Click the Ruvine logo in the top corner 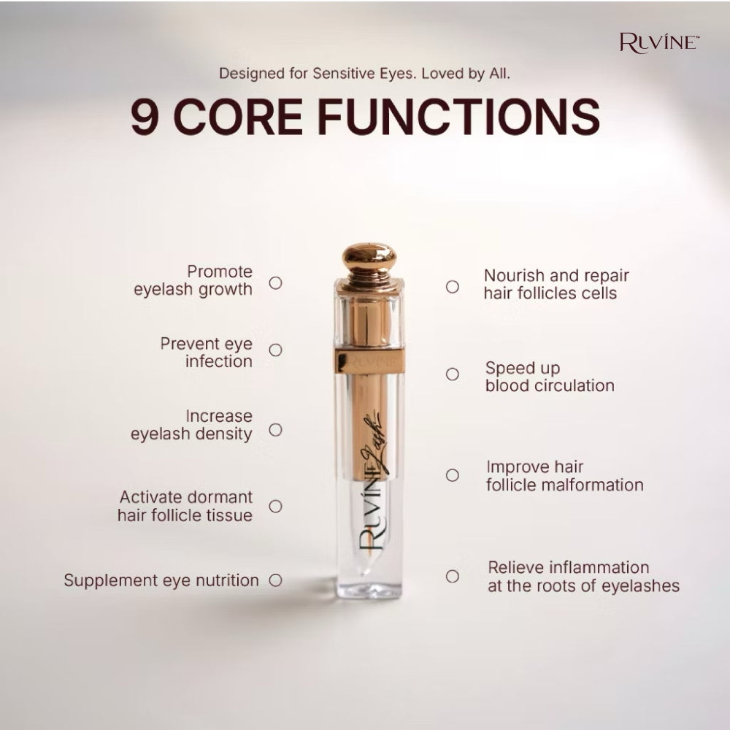pos(659,43)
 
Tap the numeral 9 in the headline pos(145,116)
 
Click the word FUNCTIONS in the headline pos(459,116)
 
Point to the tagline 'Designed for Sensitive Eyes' pos(317,74)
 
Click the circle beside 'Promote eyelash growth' pos(276,283)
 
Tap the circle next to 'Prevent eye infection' pos(276,350)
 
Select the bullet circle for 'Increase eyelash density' pos(276,429)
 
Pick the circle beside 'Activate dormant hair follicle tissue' pos(276,506)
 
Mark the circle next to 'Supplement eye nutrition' pos(276,580)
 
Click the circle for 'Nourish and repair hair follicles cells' pos(452,287)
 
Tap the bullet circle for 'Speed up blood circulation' pos(452,374)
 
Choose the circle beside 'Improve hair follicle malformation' pos(452,475)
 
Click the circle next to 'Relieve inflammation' pos(452,576)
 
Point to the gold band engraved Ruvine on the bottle pos(369,361)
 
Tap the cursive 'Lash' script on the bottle pos(372,442)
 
